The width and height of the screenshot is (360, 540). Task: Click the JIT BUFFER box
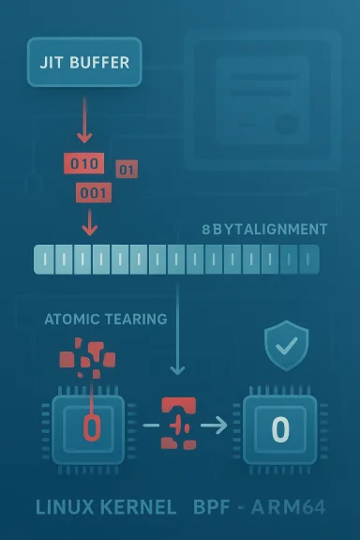pos(85,63)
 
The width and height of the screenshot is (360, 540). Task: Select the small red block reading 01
pos(127,170)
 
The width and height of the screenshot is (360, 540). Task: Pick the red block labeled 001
pos(92,193)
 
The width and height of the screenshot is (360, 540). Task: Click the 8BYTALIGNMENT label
pos(264,230)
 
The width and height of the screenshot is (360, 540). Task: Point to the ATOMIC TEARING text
pos(105,319)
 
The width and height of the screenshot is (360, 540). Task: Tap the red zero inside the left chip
pos(91,428)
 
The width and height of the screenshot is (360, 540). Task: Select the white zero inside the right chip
pos(280,429)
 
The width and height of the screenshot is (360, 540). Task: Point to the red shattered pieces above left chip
pos(86,359)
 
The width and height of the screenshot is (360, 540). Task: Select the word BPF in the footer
pos(214,508)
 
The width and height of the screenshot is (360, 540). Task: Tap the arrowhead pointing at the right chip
pos(221,427)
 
